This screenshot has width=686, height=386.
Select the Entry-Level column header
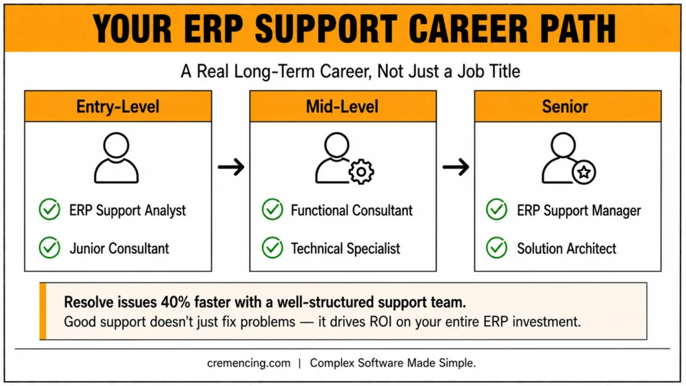coord(118,107)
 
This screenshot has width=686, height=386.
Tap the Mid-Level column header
coord(343,107)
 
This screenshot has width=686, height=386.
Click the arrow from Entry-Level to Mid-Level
coord(231,167)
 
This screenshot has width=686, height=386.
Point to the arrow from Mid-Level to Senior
coord(456,167)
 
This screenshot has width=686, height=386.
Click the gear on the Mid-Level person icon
coord(361,172)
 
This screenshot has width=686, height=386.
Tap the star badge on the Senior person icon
coord(584,172)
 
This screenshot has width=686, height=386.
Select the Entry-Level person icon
coord(117,157)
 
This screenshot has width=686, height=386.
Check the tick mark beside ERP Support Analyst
coord(50,210)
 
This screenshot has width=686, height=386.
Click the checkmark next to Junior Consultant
coord(50,248)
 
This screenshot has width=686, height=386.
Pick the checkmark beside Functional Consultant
coord(273,210)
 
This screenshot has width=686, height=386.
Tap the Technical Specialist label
coord(346,249)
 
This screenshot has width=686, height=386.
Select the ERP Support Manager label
coord(579,210)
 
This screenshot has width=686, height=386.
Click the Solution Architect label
coord(567,249)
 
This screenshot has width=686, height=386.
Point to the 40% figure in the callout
coord(176,302)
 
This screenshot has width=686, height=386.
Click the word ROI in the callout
coord(381,322)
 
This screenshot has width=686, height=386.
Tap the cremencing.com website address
coord(249,363)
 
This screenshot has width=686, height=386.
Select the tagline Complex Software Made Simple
coord(393,363)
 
